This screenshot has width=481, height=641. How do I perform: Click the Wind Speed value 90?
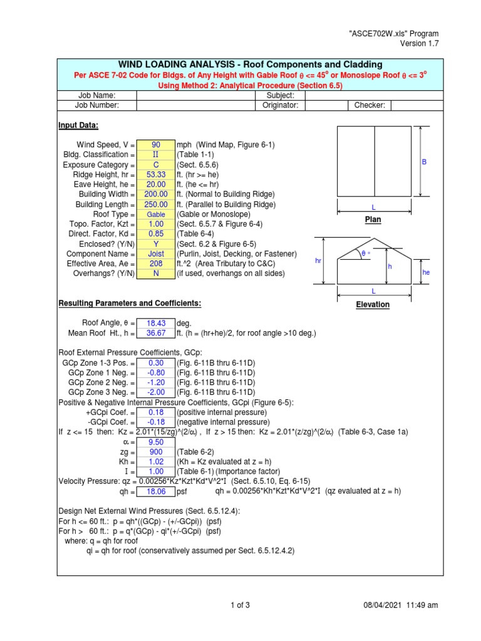tap(156, 145)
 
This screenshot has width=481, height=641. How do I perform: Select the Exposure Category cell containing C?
tap(156, 165)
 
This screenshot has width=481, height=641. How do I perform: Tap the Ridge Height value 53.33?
tap(156, 175)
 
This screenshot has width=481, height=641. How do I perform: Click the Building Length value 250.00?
tap(156, 205)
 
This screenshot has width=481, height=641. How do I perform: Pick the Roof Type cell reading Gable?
tap(156, 215)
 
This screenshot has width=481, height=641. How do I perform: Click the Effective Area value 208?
tap(156, 264)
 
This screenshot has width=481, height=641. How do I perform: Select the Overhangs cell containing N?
tap(156, 274)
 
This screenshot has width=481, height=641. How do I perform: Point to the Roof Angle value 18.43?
tap(156, 323)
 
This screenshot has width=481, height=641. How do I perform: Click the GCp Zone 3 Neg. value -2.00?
tap(156, 392)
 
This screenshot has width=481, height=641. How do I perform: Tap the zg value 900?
tap(156, 452)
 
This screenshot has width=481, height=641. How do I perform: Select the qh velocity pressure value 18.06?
tap(156, 492)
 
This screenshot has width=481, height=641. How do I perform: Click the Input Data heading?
tap(78, 125)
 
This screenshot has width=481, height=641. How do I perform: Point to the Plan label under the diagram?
tap(373, 220)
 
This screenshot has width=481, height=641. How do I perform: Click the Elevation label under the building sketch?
tap(373, 305)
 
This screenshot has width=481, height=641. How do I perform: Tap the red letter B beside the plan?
tap(423, 162)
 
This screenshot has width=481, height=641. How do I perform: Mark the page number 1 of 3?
tap(240, 605)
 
